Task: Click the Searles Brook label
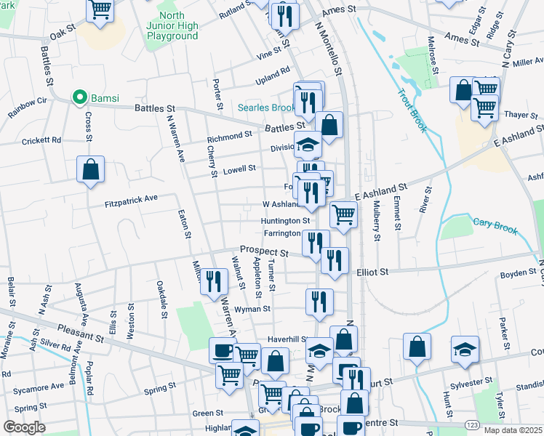tap(266, 108)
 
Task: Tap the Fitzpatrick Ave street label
tap(131, 198)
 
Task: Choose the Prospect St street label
tap(265, 251)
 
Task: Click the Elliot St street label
tap(373, 271)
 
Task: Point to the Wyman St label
tap(252, 309)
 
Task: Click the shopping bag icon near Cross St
tap(91, 169)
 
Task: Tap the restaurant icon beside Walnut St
tap(213, 280)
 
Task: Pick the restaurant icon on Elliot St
tap(334, 260)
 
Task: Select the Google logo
tap(25, 427)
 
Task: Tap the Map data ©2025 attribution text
tap(513, 430)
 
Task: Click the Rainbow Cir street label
tap(28, 108)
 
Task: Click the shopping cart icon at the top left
tap(100, 9)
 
